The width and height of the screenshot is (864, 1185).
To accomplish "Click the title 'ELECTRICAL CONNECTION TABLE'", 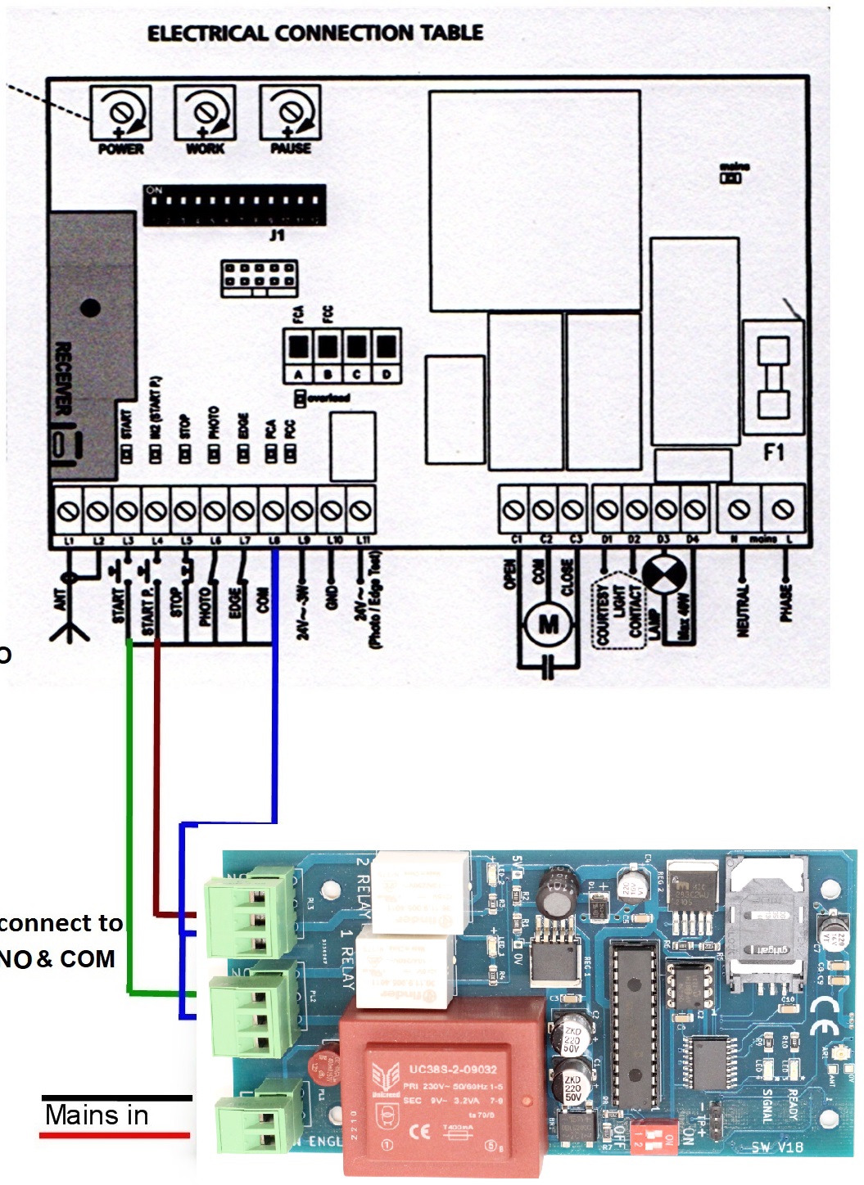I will (x=314, y=33).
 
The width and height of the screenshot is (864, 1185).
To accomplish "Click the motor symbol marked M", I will (x=548, y=625).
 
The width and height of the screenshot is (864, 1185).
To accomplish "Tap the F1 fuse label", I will (x=773, y=452).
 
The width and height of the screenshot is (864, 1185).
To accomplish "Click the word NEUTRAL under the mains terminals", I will (x=743, y=609).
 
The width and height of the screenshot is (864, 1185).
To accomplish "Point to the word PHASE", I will (x=785, y=602).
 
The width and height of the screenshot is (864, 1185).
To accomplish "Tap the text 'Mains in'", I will (x=97, y=1115).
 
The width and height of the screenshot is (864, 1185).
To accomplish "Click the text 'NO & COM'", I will (x=57, y=958).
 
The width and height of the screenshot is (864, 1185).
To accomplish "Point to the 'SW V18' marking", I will (x=776, y=1147).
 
